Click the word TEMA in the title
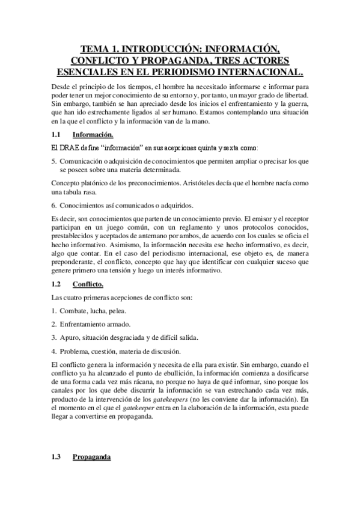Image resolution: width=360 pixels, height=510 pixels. (96, 49)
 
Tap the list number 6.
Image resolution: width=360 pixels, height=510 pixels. (53, 204)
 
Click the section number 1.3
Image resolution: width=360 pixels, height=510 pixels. (56, 456)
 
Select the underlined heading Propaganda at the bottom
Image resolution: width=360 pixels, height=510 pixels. (91, 456)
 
